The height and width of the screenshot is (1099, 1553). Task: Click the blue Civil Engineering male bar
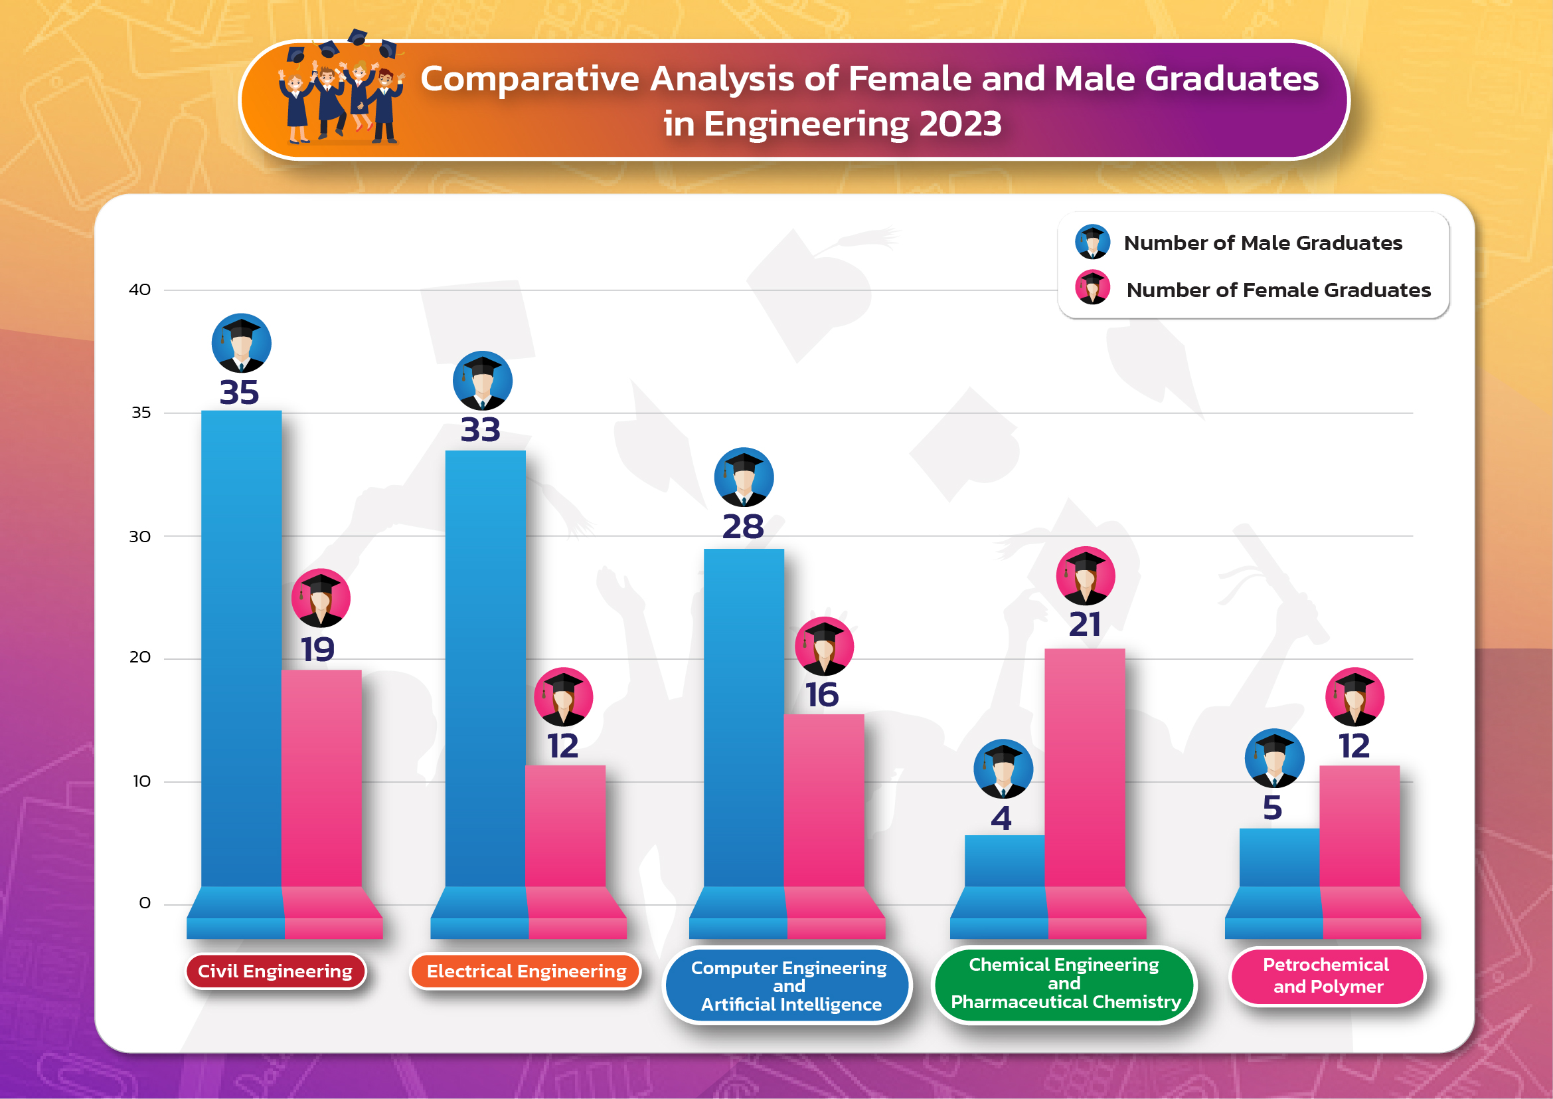pos(242,649)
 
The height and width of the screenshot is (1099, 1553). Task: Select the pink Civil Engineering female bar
pos(321,778)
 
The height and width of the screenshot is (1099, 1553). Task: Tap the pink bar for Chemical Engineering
pos(1085,767)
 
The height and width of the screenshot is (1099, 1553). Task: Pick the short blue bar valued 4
pos(1005,860)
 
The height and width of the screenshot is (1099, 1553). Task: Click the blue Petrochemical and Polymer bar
pos(1279,857)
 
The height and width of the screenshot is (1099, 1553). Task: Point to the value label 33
pos(480,430)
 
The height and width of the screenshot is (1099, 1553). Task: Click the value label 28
pos(743,526)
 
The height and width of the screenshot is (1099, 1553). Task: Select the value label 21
pos(1085,624)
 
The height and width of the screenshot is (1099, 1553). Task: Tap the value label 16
pos(822,695)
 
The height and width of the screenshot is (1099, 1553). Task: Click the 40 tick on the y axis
pos(140,290)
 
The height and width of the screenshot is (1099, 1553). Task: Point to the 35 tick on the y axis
pos(141,413)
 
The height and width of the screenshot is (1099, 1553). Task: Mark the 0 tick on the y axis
pos(145,904)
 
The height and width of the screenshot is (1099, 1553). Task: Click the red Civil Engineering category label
pos(276,971)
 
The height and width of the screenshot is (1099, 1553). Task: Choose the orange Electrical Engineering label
pos(527,971)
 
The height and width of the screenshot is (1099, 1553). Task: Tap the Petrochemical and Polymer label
pos(1328,976)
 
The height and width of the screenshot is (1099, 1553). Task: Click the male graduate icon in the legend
pos(1092,242)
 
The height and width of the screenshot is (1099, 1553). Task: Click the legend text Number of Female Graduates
pos(1278,290)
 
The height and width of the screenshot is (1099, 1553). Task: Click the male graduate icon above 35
pos(242,343)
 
